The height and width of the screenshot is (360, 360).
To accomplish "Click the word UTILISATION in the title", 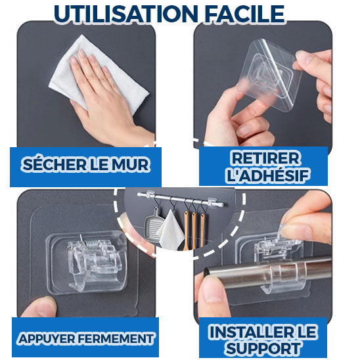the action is pyautogui.click(x=126, y=14).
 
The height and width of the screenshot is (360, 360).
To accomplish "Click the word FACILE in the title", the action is pyautogui.click(x=244, y=14).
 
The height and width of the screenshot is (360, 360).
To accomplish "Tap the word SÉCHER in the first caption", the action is pyautogui.click(x=54, y=165).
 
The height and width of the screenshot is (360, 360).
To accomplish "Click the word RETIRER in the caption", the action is pyautogui.click(x=265, y=158).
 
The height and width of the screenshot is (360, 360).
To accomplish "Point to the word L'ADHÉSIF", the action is pyautogui.click(x=267, y=175).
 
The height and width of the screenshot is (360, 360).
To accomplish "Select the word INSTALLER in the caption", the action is pyautogui.click(x=252, y=332).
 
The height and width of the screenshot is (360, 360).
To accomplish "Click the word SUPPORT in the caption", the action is pyautogui.click(x=263, y=348).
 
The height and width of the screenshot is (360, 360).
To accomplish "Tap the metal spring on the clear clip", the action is pyautogui.click(x=90, y=242).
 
